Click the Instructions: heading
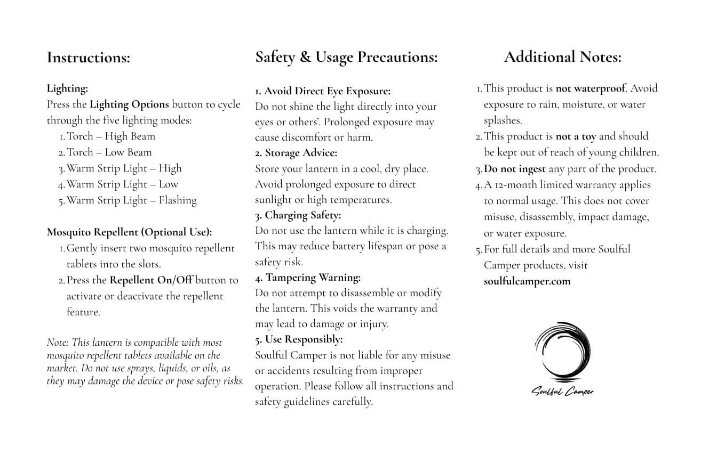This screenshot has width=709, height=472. point(89,58)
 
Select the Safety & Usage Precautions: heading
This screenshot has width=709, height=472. point(346,57)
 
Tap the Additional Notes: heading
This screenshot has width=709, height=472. point(562,57)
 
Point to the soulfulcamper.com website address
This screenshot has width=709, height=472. point(527,281)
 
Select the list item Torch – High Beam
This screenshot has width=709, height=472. point(111,136)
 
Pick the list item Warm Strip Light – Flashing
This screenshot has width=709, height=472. point(131,200)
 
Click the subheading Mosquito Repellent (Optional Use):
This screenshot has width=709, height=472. point(129,232)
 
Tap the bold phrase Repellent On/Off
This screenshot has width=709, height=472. point(151,280)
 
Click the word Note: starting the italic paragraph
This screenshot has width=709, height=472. point(57,343)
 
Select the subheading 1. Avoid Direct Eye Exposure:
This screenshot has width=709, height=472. point(323,91)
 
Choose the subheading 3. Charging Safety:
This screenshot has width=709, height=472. point(298,215)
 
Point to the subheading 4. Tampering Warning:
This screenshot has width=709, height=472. point(308,278)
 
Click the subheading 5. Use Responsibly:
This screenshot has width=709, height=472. point(299,339)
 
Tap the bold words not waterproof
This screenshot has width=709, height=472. point(590,88)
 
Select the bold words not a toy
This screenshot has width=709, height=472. point(576,136)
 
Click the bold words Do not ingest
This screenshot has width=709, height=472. point(515,169)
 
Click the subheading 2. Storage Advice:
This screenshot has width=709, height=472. point(296,153)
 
